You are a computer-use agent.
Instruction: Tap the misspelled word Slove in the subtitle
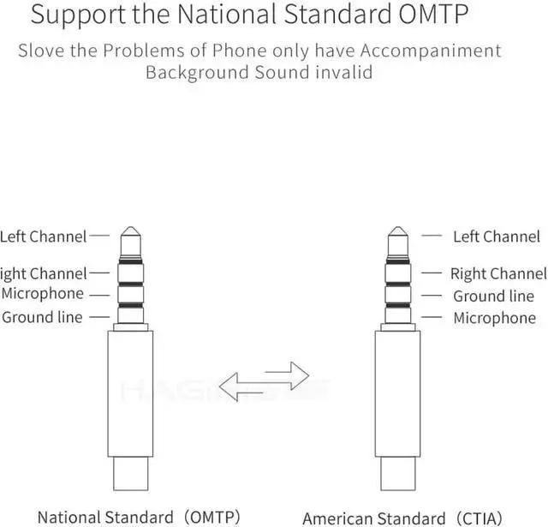coord(40,50)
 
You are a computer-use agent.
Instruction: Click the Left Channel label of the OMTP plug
coord(44,236)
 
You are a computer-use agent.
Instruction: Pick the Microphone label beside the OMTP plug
coord(43,294)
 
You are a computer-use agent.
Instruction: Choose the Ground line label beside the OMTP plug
coord(42,317)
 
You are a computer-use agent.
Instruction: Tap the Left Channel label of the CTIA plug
coord(497,236)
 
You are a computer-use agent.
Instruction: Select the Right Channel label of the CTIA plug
coord(498,274)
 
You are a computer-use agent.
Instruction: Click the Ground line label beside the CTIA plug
coord(493,296)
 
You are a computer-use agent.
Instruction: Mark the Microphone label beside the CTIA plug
coord(494,318)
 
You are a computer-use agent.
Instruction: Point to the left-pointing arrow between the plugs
coord(245,381)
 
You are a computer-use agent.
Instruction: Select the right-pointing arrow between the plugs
coord(286,371)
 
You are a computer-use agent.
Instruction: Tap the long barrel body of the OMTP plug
coord(130,394)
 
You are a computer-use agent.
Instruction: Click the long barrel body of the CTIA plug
coord(397,394)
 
